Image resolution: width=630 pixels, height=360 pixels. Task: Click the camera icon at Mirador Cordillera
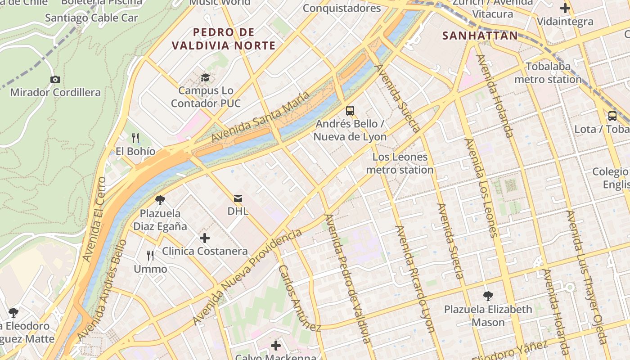click(x=55, y=80)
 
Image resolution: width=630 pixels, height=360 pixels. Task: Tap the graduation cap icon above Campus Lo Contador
click(x=206, y=77)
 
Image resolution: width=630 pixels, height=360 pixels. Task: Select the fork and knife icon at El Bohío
click(x=135, y=138)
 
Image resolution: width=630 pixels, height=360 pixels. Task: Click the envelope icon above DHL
click(x=238, y=198)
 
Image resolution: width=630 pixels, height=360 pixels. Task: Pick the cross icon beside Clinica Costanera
click(x=205, y=238)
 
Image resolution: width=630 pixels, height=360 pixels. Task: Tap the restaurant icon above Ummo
click(x=150, y=256)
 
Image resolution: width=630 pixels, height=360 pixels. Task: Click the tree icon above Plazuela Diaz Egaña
click(x=160, y=200)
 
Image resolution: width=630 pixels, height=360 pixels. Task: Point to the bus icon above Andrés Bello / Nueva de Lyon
click(x=350, y=110)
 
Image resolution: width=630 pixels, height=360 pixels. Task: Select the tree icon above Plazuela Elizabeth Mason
click(x=488, y=296)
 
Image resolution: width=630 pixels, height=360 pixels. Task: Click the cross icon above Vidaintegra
click(x=565, y=8)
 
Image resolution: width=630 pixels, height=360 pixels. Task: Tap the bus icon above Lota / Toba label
click(x=612, y=116)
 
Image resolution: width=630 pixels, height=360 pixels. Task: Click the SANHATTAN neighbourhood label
click(x=480, y=36)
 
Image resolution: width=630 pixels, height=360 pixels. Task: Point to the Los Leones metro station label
click(x=400, y=163)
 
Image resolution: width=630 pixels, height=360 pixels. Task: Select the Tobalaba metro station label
click(x=548, y=73)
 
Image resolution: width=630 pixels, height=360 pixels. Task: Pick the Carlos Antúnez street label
click(x=299, y=298)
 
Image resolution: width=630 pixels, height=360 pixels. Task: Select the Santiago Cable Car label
click(x=91, y=18)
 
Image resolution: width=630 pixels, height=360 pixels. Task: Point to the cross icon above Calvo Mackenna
click(x=276, y=346)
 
